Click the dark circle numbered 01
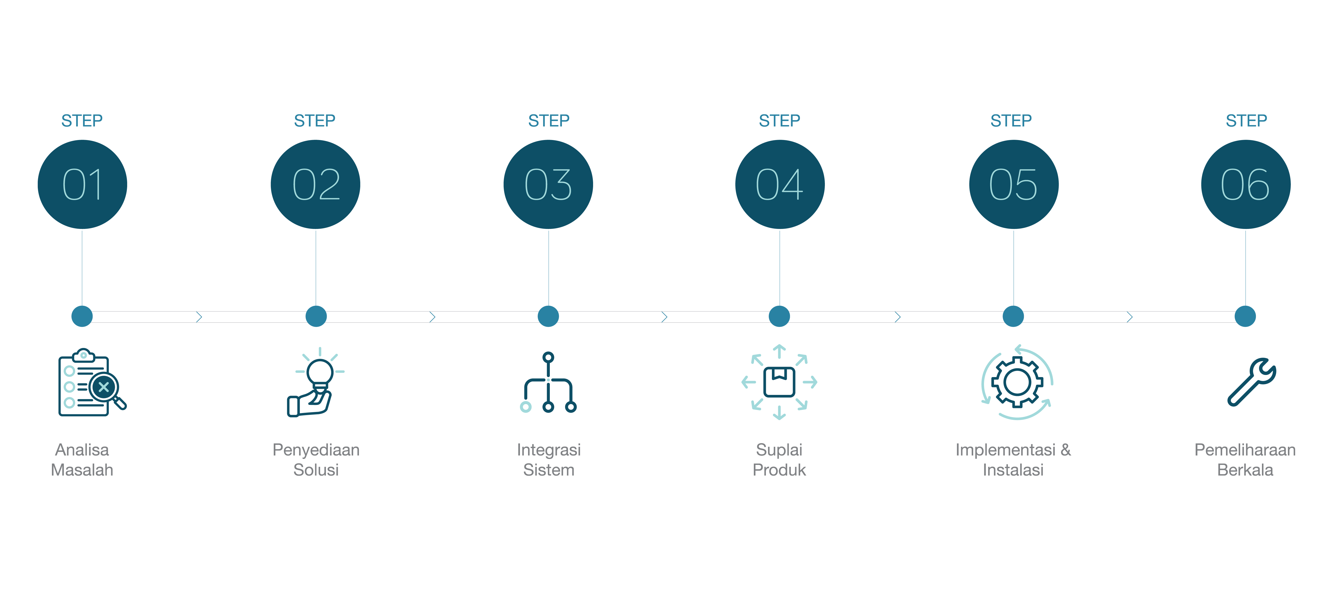82,184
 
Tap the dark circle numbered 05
1013,184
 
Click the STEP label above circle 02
315,121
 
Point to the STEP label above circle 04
779,121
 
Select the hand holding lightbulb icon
316,383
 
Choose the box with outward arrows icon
779,382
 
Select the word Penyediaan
316,450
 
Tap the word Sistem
549,470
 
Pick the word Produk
779,470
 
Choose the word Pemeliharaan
1245,450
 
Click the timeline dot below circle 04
779,316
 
